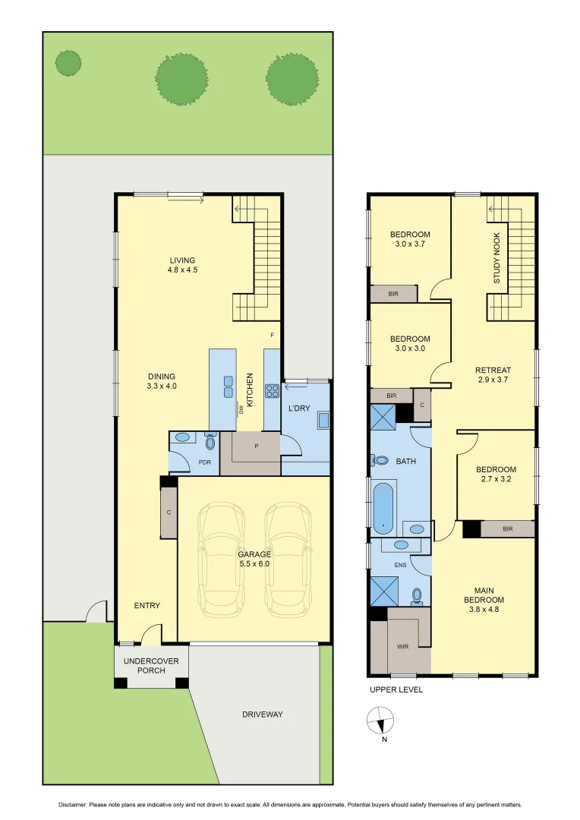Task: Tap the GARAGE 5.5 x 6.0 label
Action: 254,559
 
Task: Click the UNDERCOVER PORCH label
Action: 151,666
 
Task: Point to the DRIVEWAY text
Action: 263,714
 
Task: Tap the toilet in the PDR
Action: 210,440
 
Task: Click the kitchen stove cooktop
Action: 272,390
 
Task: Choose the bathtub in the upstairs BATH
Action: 383,506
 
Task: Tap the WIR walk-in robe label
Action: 402,647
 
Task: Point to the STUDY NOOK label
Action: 497,258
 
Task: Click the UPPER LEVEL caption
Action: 396,689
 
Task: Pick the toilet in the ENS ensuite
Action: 416,595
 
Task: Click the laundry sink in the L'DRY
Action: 322,420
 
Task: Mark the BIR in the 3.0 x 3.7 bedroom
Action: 393,293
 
